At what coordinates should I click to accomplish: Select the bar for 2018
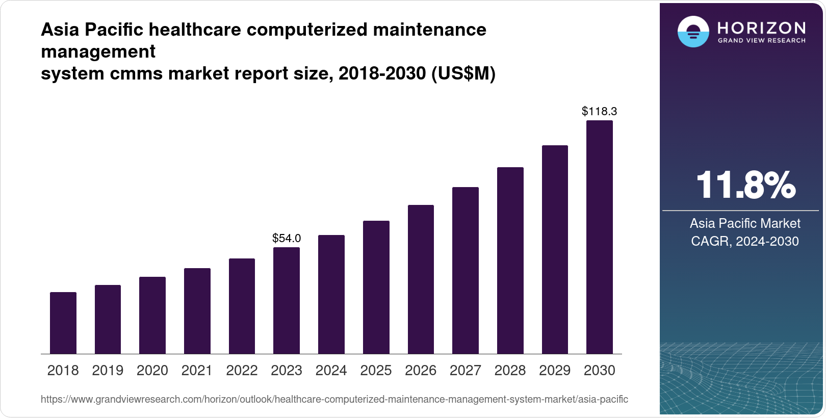point(63,323)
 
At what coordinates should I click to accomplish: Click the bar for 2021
point(197,311)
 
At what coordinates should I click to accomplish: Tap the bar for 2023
point(287,301)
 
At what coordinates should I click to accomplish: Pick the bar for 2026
point(421,279)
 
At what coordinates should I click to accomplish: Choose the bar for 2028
point(510,260)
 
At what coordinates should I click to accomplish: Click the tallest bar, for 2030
point(600,237)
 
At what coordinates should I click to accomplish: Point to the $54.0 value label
point(287,238)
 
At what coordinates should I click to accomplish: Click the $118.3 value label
point(600,111)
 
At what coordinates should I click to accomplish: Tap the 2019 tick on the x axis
point(108,371)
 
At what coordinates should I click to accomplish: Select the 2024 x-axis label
point(331,371)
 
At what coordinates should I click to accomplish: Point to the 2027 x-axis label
point(465,371)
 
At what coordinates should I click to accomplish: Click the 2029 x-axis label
point(555,371)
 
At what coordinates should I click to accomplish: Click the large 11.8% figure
point(745,185)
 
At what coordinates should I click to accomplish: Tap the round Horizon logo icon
point(693,32)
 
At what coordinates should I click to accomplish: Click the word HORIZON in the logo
point(761,28)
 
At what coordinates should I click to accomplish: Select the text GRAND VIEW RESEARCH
point(761,41)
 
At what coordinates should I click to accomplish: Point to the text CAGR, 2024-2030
point(745,241)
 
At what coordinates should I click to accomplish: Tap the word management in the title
point(98,51)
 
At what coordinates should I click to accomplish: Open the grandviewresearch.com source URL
point(334,399)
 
